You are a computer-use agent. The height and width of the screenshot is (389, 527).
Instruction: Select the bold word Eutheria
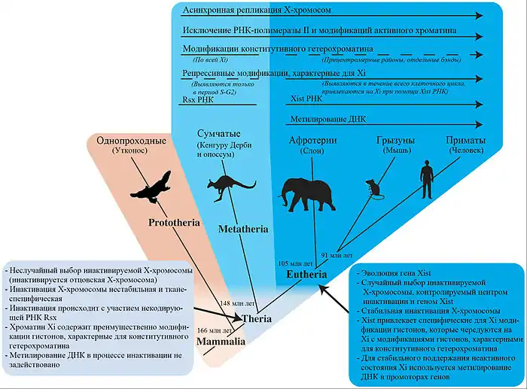pos(305,275)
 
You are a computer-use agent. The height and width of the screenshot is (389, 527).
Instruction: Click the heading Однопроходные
pos(127,141)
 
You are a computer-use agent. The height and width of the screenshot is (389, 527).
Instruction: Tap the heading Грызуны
pos(396,140)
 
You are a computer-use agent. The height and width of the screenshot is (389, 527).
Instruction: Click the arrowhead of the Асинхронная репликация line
pos(479,14)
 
